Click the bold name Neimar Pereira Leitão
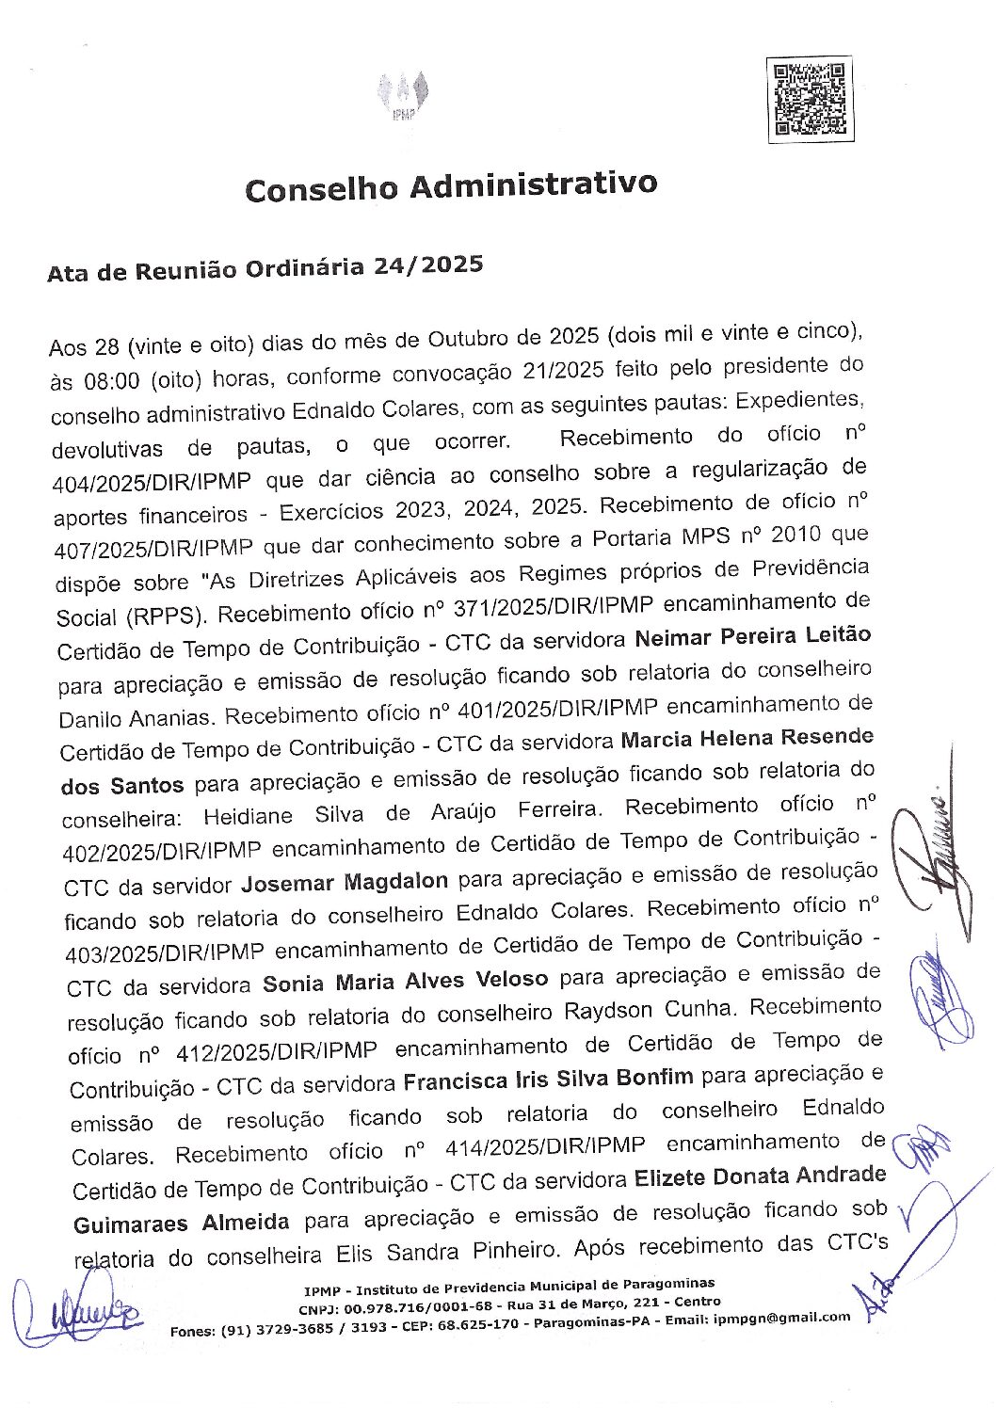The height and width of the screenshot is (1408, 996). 752,637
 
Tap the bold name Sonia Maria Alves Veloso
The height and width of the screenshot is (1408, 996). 405,983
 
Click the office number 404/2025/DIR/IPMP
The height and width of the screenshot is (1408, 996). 152,482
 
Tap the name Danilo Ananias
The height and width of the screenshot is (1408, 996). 136,718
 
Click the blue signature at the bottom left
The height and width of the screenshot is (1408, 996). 80,1310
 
